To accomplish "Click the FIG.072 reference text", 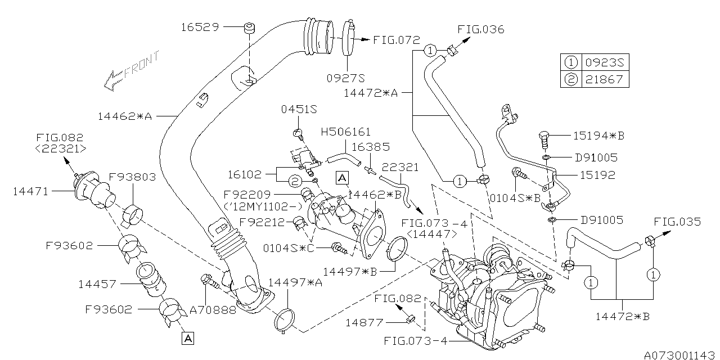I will pyautogui.click(x=396, y=40).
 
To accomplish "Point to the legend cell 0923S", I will pyautogui.click(x=604, y=62).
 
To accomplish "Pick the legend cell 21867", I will pyautogui.click(x=604, y=79).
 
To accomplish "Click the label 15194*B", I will pyautogui.click(x=598, y=136).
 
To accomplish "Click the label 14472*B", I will pyautogui.click(x=623, y=317).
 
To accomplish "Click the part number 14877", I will pyautogui.click(x=363, y=322).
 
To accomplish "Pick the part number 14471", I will pyautogui.click(x=31, y=192).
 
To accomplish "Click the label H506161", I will pyautogui.click(x=345, y=132).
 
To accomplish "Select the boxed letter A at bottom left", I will pyautogui.click(x=187, y=337).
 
